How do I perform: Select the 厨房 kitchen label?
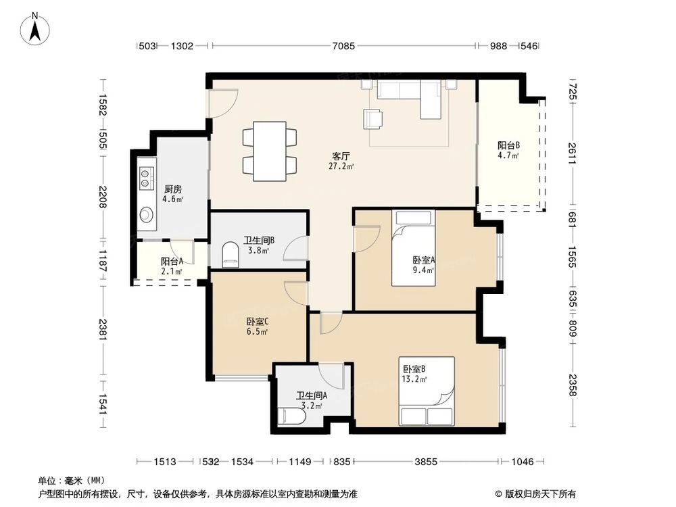(x=173, y=189)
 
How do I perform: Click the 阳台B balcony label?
(x=508, y=145)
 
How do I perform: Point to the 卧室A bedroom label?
(x=423, y=260)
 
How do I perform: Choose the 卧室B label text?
(x=414, y=369)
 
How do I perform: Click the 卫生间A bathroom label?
(x=312, y=396)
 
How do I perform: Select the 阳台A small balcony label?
(x=172, y=262)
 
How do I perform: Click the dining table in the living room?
(x=270, y=151)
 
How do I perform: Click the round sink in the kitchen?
(x=147, y=215)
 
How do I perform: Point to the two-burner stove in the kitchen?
(x=146, y=177)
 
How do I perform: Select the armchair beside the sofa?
(x=373, y=119)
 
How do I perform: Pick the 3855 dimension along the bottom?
(x=426, y=462)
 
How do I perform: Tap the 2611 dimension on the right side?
(x=571, y=149)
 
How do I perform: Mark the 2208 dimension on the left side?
(x=102, y=196)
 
